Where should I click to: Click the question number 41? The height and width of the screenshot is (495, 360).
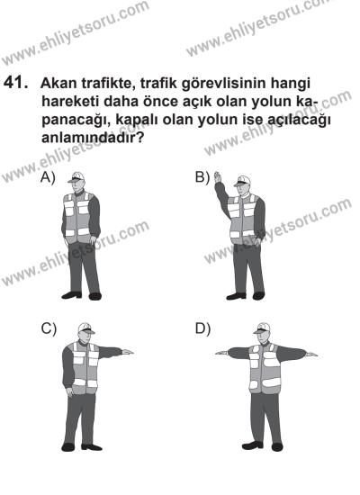coord(17,83)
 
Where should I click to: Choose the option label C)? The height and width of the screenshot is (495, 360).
coord(49,328)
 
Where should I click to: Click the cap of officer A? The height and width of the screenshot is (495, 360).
coord(79,177)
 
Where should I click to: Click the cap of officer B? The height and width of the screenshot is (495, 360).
coord(241,181)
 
